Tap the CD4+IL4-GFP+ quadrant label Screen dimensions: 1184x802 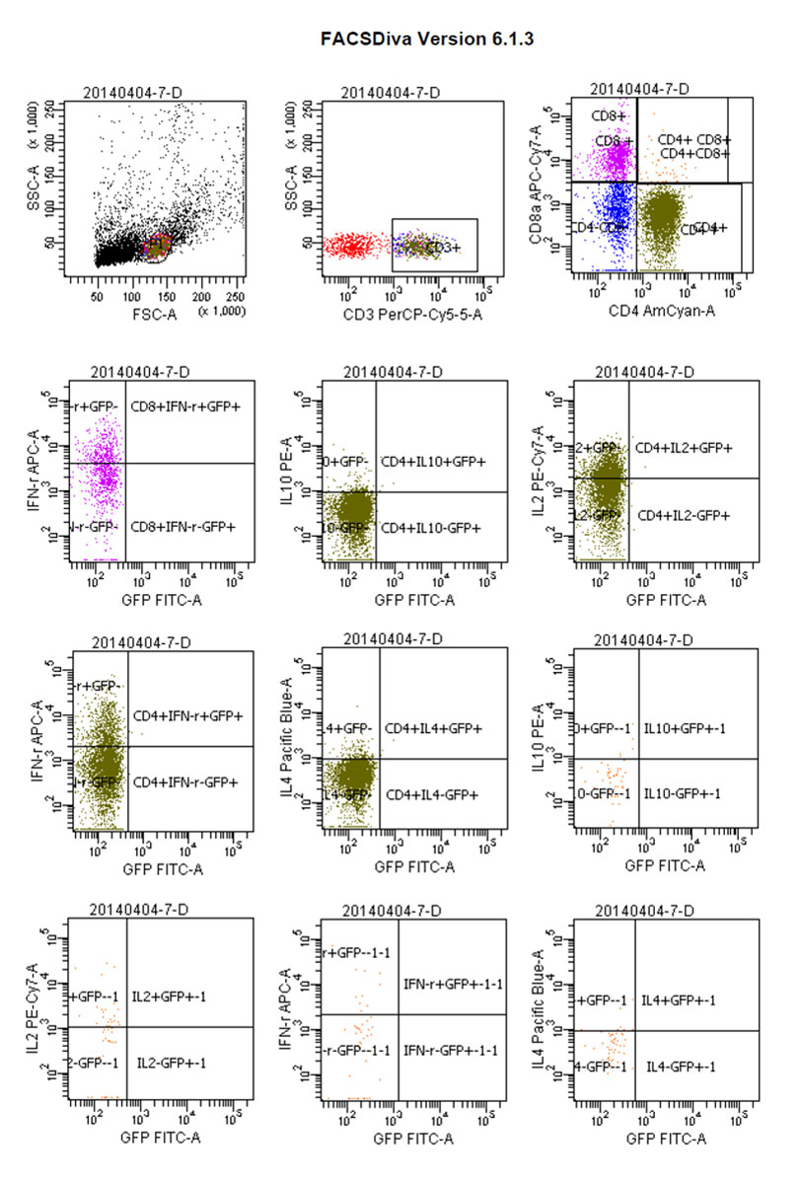[433, 794]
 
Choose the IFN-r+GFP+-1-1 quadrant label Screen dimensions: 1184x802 [453, 984]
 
